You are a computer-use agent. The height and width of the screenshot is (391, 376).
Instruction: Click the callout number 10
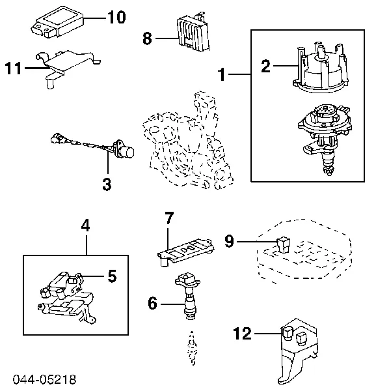[116, 18]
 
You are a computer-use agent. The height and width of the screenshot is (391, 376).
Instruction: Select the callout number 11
[13, 68]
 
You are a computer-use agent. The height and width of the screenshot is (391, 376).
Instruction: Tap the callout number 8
[147, 38]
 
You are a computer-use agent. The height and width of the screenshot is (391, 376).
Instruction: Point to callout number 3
[107, 184]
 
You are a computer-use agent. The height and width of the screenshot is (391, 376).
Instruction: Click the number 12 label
[242, 334]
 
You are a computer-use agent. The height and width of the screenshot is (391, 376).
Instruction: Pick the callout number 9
[230, 241]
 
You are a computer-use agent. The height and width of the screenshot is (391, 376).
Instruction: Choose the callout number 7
[169, 218]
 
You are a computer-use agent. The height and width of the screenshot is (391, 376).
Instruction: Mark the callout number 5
[112, 276]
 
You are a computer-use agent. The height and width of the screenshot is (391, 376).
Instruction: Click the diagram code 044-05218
[44, 379]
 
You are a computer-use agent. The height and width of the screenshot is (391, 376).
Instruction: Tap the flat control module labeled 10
[59, 23]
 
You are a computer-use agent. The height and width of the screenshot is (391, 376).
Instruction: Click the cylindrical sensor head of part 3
[126, 151]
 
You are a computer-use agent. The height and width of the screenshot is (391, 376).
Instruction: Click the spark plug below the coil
[192, 348]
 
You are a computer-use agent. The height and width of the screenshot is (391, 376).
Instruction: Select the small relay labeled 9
[283, 245]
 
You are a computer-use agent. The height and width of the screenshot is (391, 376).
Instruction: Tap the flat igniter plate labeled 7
[186, 252]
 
